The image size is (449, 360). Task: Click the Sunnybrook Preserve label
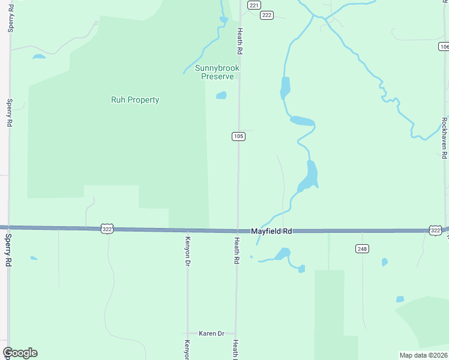pyautogui.click(x=217, y=72)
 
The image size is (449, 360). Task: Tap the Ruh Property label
pyautogui.click(x=135, y=100)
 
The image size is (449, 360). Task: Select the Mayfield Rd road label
pyautogui.click(x=271, y=231)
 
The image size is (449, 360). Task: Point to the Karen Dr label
pyautogui.click(x=212, y=333)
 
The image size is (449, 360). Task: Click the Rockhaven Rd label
pyautogui.click(x=444, y=138)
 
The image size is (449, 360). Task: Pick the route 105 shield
pyautogui.click(x=238, y=136)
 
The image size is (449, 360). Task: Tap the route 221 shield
pyautogui.click(x=254, y=5)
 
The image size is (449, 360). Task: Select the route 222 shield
pyautogui.click(x=267, y=15)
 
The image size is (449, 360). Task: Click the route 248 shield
pyautogui.click(x=362, y=248)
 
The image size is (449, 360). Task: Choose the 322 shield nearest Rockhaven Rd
pyautogui.click(x=436, y=230)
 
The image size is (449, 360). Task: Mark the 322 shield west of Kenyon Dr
pyautogui.click(x=107, y=229)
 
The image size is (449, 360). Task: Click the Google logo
pyautogui.click(x=20, y=353)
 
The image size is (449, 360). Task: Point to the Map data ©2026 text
pyautogui.click(x=424, y=355)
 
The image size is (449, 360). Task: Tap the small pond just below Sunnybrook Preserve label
pyautogui.click(x=221, y=95)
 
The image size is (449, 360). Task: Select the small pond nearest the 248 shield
pyautogui.click(x=384, y=262)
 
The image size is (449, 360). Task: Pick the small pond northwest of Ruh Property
pyautogui.click(x=38, y=57)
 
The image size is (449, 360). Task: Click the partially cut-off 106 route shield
pyautogui.click(x=444, y=46)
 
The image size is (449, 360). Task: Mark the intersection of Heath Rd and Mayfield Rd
pyautogui.click(x=237, y=230)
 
